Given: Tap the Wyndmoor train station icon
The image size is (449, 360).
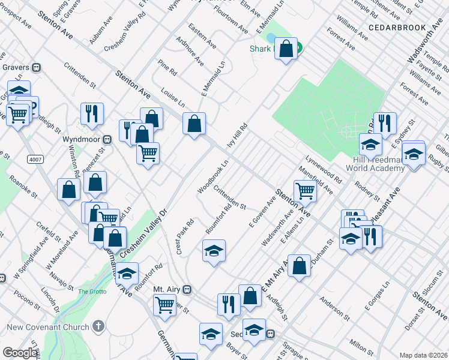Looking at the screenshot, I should [x=107, y=139].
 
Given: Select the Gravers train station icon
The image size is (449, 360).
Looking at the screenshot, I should [x=37, y=68].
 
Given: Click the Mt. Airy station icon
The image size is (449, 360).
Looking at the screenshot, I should [x=187, y=289].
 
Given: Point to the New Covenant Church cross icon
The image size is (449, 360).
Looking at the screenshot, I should [x=98, y=327].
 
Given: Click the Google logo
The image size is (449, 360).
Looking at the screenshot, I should [x=20, y=353].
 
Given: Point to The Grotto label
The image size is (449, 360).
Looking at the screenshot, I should [x=92, y=292].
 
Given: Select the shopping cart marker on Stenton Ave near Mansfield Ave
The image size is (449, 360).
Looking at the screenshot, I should [x=305, y=191].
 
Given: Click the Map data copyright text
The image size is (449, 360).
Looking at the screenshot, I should [x=423, y=355].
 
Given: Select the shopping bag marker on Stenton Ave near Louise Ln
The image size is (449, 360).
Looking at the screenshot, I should [x=194, y=124].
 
